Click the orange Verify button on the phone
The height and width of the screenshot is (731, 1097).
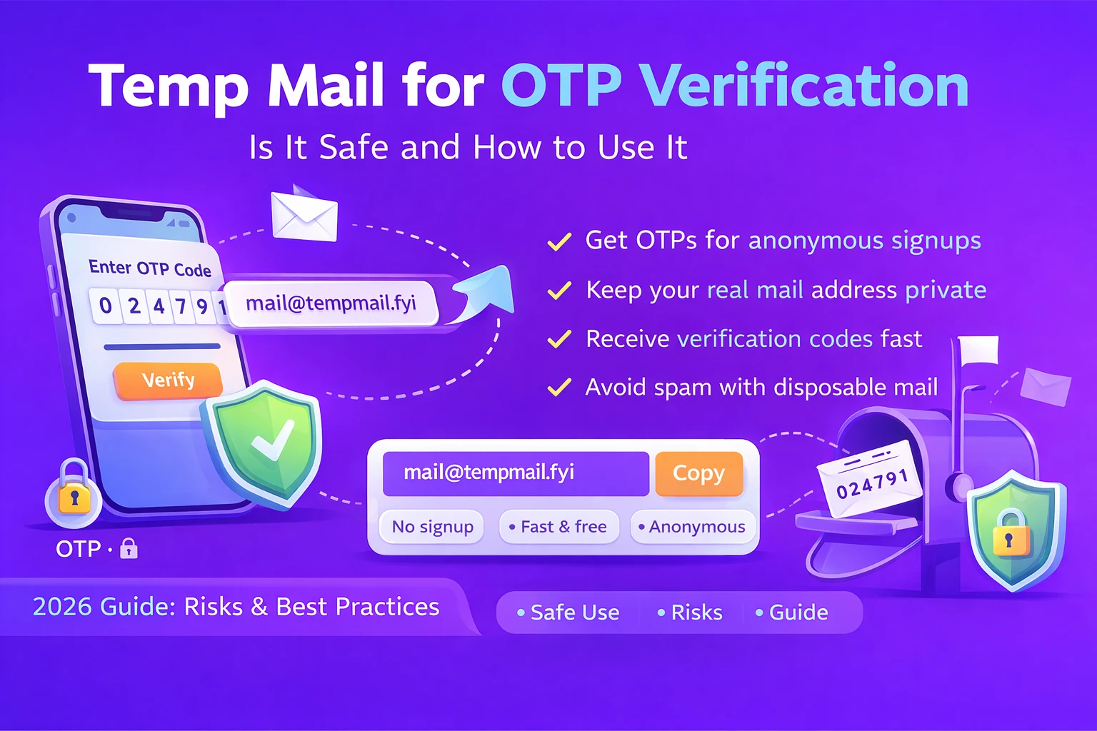coord(168,380)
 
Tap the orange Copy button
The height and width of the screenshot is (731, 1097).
coord(698,473)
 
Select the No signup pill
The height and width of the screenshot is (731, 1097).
coord(432,527)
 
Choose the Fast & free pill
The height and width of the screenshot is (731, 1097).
coord(558,527)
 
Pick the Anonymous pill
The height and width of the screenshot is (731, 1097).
coord(693,527)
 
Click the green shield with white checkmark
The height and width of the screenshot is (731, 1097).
coord(264,443)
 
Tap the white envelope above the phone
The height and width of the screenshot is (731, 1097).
coord(304,214)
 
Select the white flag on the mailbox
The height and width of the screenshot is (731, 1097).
coord(978,350)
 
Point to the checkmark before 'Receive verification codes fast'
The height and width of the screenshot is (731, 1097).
coord(559,339)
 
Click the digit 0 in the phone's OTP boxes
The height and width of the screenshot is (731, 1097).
coord(106,306)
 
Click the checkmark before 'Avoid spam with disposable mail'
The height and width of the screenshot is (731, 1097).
coord(559,388)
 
